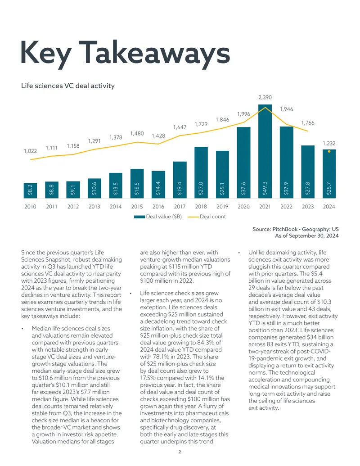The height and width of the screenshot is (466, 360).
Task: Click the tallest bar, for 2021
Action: (x=265, y=151)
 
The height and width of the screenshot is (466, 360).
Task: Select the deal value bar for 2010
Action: (x=30, y=190)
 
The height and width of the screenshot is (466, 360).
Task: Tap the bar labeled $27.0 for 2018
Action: (x=201, y=172)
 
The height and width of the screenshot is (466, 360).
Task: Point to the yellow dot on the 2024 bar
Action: (x=329, y=152)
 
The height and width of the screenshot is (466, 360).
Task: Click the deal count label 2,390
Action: (x=265, y=97)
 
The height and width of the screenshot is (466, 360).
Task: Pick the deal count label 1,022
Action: (x=30, y=151)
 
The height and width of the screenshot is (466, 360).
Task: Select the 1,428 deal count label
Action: (x=158, y=136)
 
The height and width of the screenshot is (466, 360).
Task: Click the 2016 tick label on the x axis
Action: (x=158, y=207)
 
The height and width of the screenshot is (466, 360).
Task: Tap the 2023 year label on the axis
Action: (x=308, y=207)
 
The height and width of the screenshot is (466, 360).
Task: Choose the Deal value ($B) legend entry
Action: (x=158, y=217)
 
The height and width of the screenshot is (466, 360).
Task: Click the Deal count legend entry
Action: (x=207, y=217)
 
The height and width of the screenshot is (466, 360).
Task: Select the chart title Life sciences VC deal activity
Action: (x=67, y=86)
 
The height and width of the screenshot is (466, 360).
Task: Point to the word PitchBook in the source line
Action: (x=285, y=229)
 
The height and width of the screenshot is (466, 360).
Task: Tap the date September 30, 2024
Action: (x=314, y=235)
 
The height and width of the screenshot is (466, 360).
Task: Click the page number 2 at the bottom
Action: (x=180, y=452)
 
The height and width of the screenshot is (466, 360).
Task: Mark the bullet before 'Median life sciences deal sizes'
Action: (x=22, y=329)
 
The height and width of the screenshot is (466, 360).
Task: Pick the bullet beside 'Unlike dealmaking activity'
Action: (x=239, y=253)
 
